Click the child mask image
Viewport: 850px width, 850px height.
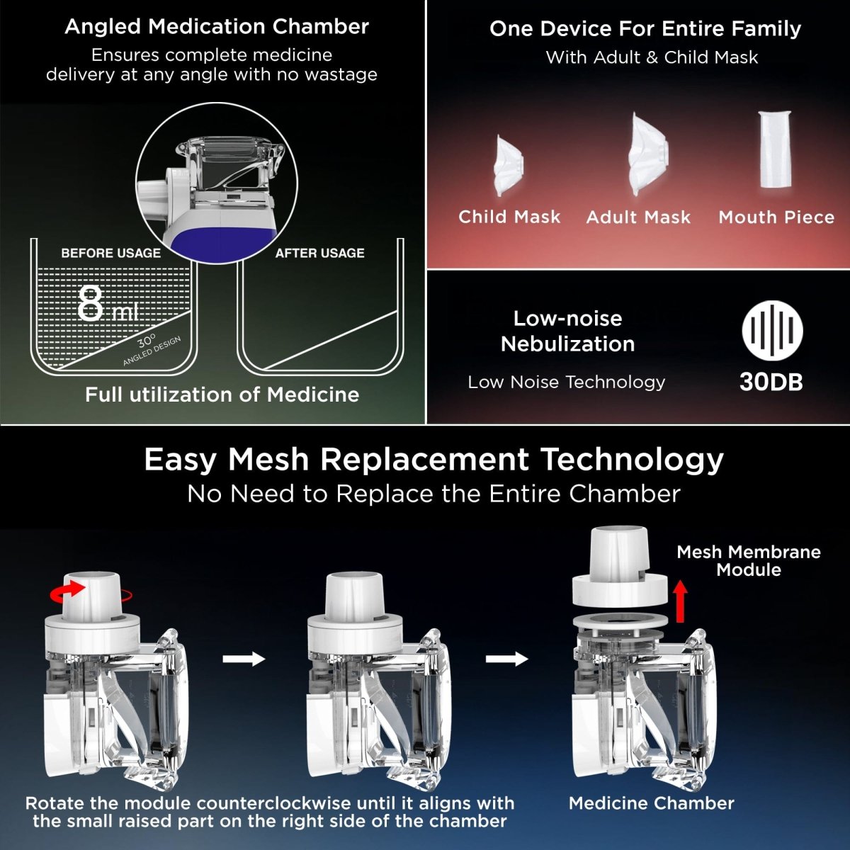509,166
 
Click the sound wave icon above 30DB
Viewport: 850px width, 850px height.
772,331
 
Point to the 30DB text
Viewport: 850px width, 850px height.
771,382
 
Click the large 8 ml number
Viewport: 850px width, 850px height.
106,305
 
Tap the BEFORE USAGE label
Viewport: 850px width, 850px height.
111,253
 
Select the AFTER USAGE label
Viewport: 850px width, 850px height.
319,253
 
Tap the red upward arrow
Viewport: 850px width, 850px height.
680,601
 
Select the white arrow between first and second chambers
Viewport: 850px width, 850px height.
244,659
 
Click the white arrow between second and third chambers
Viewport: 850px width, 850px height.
506,659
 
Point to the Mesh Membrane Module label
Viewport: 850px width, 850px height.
748,561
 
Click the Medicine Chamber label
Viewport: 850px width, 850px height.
651,803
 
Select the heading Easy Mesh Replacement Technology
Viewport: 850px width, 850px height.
433,459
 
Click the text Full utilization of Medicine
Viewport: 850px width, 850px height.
222,395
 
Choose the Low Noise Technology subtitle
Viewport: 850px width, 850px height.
566,382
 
